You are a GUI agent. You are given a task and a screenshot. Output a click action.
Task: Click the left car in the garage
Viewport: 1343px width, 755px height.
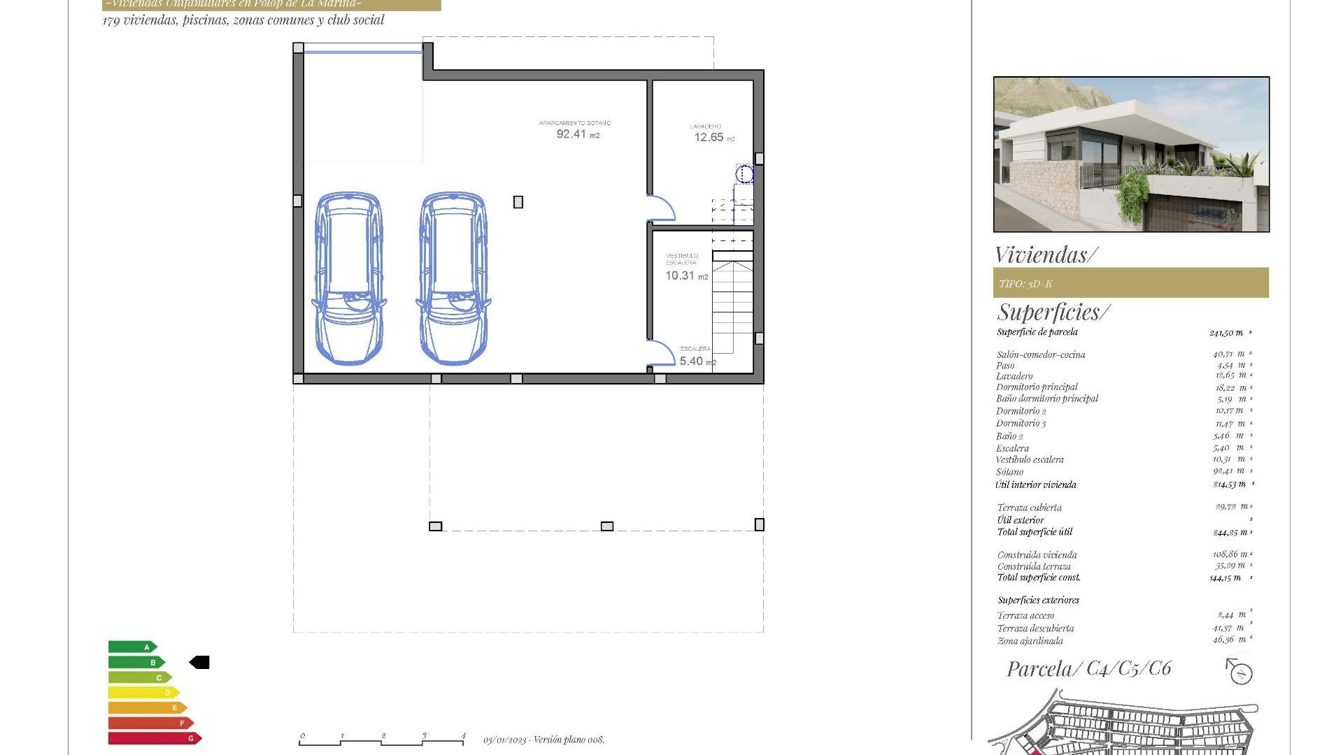348,278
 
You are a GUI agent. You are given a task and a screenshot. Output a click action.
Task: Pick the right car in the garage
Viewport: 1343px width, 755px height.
453,278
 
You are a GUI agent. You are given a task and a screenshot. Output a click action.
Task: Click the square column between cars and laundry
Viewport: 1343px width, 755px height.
518,202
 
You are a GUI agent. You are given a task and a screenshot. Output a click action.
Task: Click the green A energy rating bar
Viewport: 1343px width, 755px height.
132,647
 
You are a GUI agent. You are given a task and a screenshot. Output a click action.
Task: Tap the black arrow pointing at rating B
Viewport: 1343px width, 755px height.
199,662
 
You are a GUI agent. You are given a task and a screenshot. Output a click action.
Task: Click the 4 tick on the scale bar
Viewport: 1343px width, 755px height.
463,736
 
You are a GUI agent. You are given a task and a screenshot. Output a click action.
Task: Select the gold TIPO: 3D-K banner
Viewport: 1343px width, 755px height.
1130,283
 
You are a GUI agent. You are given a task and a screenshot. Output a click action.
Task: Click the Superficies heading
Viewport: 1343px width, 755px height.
1053,312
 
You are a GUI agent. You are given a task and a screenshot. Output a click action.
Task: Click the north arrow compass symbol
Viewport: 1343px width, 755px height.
1239,673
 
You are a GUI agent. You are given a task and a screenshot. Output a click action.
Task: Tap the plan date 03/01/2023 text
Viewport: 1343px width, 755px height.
505,740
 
